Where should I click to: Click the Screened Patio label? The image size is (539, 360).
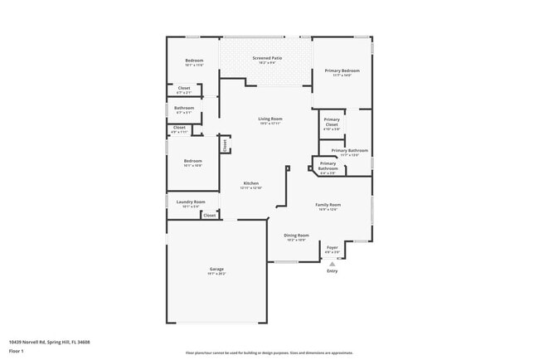[267, 58]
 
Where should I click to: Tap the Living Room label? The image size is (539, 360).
[270, 119]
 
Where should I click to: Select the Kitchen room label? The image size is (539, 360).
[250, 183]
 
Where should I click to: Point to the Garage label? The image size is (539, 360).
[216, 269]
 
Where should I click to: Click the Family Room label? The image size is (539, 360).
[328, 205]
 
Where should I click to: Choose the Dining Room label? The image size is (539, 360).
[296, 236]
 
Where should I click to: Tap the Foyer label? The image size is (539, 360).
[333, 247]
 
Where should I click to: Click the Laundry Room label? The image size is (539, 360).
[193, 202]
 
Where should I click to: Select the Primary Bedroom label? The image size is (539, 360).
[342, 71]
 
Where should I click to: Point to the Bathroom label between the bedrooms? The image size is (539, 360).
[184, 108]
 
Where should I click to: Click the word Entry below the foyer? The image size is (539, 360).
[333, 271]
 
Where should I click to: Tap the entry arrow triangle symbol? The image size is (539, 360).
[333, 264]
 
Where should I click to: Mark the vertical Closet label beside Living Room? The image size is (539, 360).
[224, 145]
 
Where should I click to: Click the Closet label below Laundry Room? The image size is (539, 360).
[210, 215]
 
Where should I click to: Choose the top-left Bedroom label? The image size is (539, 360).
[194, 61]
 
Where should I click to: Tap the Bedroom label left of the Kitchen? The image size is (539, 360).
[192, 161]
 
